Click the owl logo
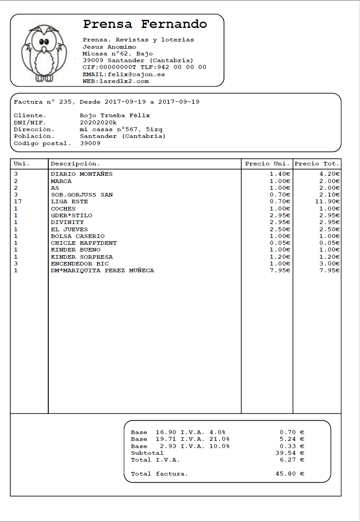(x=44, y=53)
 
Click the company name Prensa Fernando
(x=145, y=24)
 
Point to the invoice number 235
(x=65, y=102)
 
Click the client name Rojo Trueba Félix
(x=115, y=115)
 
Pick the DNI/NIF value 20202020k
(x=98, y=122)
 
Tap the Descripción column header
(x=75, y=164)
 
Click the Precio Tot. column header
(x=317, y=164)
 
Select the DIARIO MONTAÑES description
(x=82, y=174)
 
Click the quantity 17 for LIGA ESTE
(x=18, y=201)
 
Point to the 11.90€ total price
(x=328, y=201)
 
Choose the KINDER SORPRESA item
(x=82, y=257)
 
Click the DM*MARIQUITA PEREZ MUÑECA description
(x=102, y=270)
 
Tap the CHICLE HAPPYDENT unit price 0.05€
(x=280, y=243)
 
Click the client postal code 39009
(x=90, y=143)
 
